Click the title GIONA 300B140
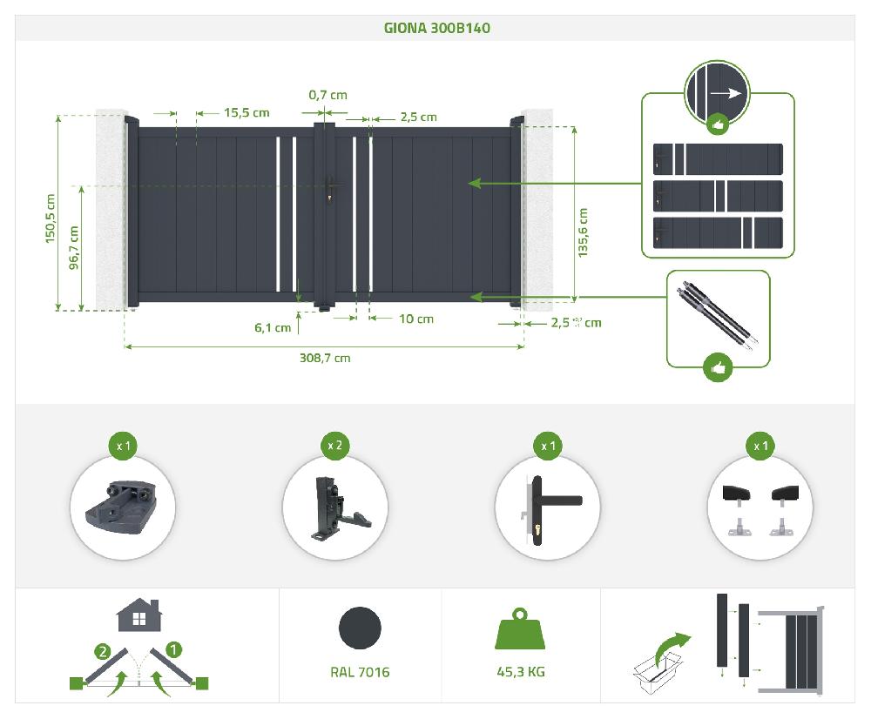pyautogui.click(x=436, y=28)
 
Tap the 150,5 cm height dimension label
pyautogui.click(x=50, y=217)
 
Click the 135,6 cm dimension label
pyautogui.click(x=583, y=232)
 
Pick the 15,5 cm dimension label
pyautogui.click(x=246, y=112)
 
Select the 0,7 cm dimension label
pyautogui.click(x=327, y=95)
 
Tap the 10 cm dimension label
pyautogui.click(x=415, y=319)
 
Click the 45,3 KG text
pyautogui.click(x=520, y=671)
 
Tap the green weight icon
pyautogui.click(x=520, y=628)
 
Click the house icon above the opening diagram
pyautogui.click(x=138, y=615)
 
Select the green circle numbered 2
pyautogui.click(x=103, y=648)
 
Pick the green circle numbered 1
pyautogui.click(x=174, y=648)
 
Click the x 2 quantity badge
pyautogui.click(x=334, y=446)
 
